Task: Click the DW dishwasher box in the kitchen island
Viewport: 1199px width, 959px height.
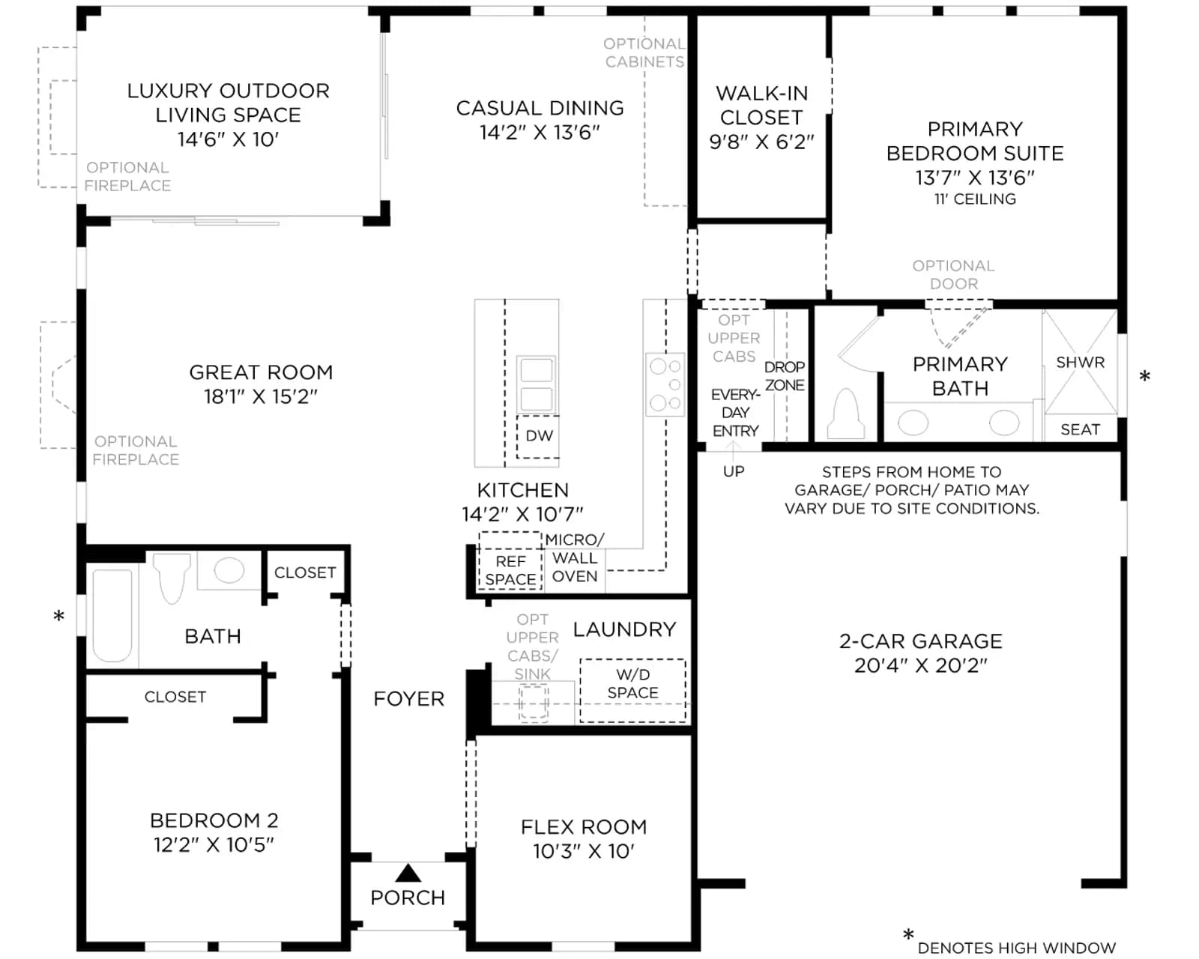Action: [537, 436]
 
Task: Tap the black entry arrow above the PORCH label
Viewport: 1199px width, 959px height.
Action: [408, 873]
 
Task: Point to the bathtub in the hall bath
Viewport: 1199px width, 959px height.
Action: [112, 615]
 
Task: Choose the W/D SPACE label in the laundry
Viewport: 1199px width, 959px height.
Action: [633, 684]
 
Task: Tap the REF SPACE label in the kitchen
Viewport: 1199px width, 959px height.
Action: [510, 570]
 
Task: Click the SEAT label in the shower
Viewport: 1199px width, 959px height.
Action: [1080, 429]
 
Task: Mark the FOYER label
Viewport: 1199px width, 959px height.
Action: [409, 699]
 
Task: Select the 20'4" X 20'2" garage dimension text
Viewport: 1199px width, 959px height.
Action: [921, 665]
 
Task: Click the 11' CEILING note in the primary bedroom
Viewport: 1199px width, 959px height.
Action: [975, 199]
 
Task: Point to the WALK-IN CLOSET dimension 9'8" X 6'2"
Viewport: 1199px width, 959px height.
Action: [761, 142]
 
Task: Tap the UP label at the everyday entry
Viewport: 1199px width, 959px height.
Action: [733, 471]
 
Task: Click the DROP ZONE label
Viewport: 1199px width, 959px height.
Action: [785, 376]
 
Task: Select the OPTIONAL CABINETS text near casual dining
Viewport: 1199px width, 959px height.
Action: [644, 53]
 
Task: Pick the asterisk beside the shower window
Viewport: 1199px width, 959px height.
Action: [1144, 377]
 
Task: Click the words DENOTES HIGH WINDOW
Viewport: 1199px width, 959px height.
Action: [1017, 948]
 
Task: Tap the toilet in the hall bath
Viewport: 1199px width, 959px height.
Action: [172, 578]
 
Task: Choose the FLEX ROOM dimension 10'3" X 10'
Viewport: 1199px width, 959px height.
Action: [584, 851]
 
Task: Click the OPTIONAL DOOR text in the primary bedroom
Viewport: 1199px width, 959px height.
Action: [953, 275]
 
